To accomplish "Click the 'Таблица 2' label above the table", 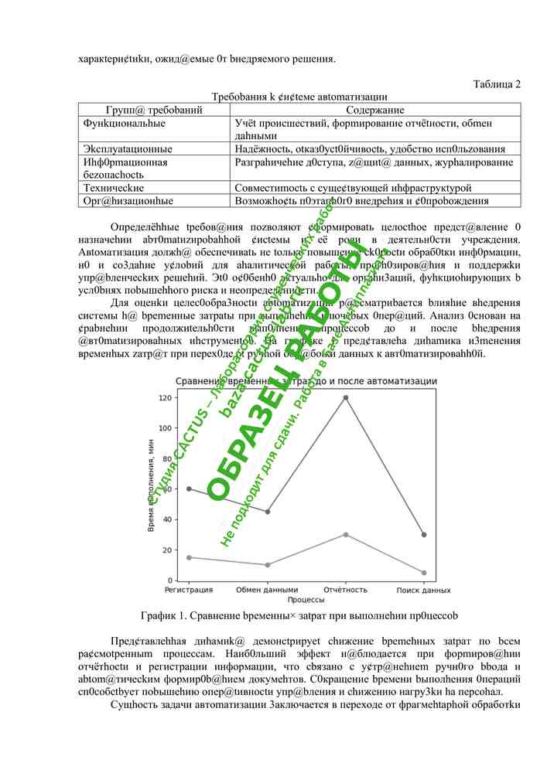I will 496,83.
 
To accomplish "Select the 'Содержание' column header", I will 375,111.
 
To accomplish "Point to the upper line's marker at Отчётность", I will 345,397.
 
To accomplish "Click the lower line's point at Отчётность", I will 345,534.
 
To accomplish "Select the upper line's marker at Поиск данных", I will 424,534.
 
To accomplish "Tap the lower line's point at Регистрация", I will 189,557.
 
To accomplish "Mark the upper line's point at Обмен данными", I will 267,512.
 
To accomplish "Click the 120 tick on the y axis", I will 164,397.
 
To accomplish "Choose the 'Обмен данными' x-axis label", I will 267,590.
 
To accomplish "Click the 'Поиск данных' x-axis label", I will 424,590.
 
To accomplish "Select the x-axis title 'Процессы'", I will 306,600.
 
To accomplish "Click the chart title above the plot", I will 306,381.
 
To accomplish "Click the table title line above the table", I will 300,97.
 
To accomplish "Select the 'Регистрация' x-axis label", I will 189,590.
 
